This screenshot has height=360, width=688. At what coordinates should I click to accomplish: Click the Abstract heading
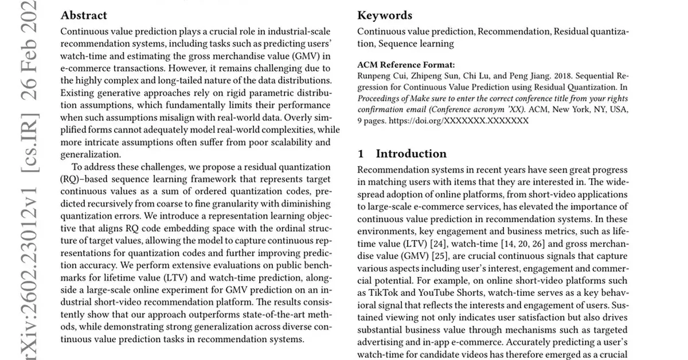click(84, 15)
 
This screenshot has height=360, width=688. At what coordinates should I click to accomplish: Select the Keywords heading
click(385, 15)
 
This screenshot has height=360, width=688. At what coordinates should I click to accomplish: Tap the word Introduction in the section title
click(411, 154)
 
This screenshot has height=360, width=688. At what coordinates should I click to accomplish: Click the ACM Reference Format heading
click(406, 65)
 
